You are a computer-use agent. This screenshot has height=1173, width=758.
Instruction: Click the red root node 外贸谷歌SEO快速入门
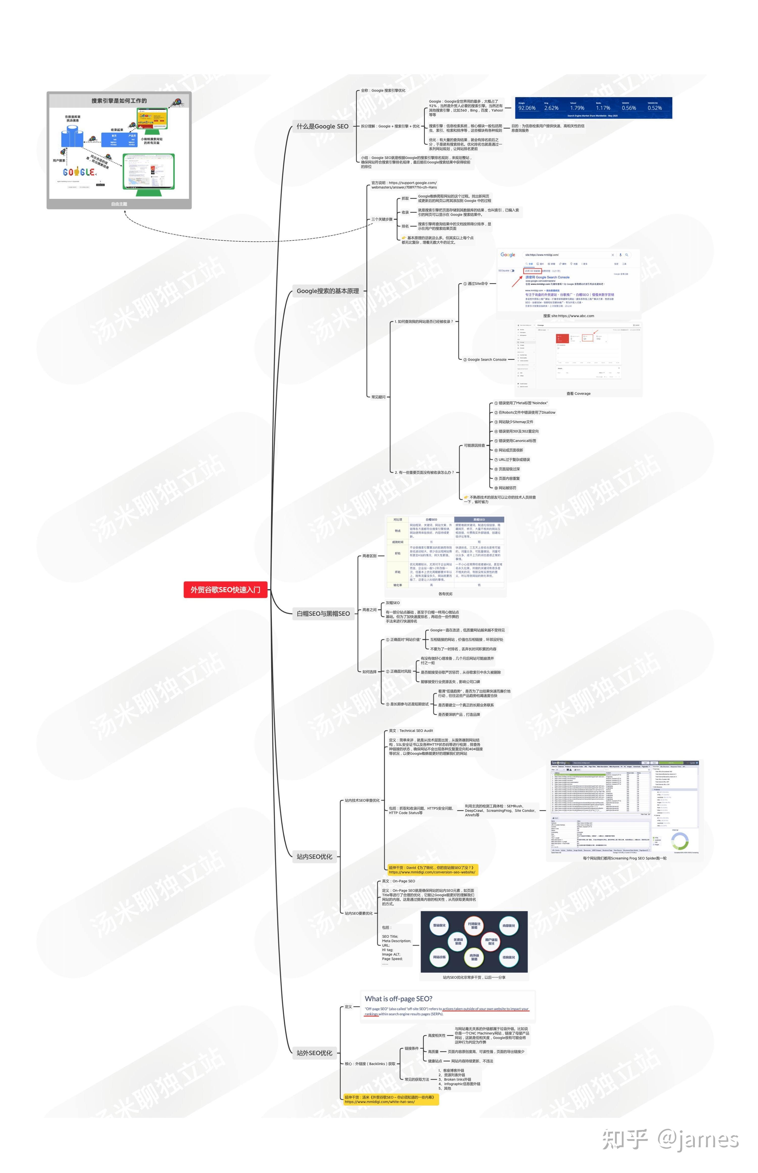pos(225,589)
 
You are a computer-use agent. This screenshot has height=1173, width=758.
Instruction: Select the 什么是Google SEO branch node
pos(322,127)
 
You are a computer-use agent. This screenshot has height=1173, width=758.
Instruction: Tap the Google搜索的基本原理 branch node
pos(328,291)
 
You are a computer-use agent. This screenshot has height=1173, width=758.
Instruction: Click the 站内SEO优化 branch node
pos(315,857)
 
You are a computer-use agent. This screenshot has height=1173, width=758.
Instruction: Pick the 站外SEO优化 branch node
pos(315,1053)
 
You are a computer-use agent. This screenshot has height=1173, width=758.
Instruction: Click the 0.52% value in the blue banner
pos(655,108)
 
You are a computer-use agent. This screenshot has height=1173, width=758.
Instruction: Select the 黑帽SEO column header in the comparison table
pos(479,519)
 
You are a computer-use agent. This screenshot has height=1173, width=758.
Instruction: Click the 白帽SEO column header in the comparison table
pos(431,519)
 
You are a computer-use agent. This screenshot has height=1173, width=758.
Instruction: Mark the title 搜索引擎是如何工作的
pos(119,101)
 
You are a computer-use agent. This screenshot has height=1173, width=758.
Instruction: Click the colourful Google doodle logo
pos(79,172)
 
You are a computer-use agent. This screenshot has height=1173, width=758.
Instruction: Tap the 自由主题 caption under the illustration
pos(119,204)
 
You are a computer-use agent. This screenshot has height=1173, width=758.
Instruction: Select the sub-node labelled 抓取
pos(405,198)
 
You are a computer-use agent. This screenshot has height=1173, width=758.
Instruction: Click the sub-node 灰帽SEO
pos(393,603)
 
